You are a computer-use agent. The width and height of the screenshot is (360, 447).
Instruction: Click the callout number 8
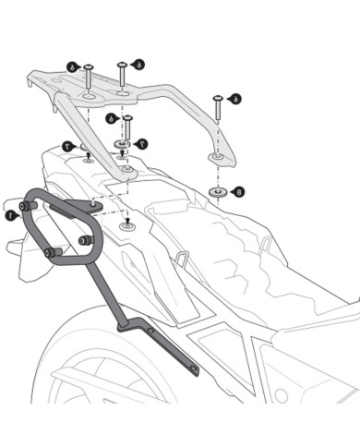(240, 192)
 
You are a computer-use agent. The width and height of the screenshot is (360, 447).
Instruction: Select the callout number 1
(9, 214)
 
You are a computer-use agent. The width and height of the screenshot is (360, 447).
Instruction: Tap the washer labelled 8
(219, 192)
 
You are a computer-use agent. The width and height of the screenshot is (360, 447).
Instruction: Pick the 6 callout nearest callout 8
(236, 98)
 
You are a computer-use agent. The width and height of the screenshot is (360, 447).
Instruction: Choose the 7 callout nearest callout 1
(67, 146)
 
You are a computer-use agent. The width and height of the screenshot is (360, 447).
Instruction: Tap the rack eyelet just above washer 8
(216, 159)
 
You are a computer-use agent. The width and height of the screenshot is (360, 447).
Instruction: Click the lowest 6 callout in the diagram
(111, 118)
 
